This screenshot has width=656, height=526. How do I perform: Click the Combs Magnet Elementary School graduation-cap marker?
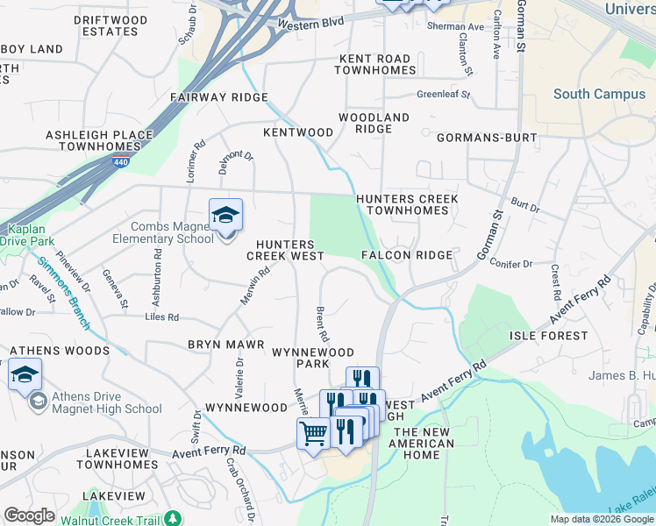225,215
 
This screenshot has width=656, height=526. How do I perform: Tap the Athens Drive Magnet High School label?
106,402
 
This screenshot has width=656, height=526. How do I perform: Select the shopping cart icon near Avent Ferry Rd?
313,432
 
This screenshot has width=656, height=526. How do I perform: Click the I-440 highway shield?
118,160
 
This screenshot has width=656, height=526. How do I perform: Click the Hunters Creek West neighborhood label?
285,250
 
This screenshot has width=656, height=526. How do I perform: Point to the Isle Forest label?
548,336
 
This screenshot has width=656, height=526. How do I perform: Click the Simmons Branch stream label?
61,294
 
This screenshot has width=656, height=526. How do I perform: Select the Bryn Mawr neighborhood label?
222,345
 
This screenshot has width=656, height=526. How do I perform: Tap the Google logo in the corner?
30,515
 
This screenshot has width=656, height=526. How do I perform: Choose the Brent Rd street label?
321,324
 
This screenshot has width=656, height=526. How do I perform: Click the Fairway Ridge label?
219,97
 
